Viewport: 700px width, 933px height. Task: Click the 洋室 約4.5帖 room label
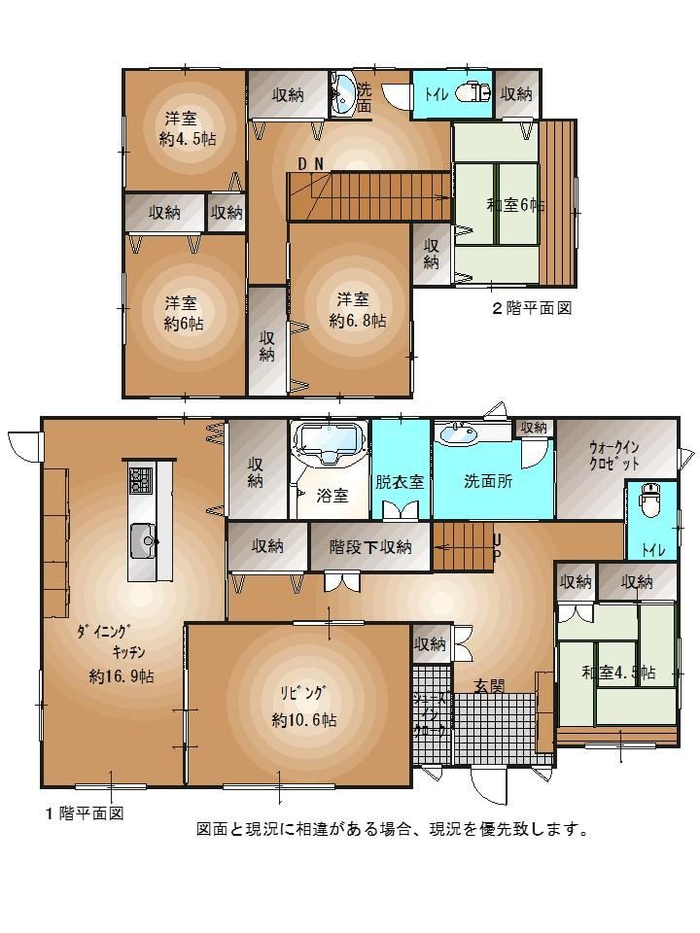(x=188, y=128)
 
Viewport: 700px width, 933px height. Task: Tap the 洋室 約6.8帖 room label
(x=358, y=310)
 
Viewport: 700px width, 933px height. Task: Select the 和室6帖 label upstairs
(x=515, y=205)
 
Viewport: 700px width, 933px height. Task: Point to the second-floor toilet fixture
(x=473, y=93)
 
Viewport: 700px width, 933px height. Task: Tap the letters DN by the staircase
(x=311, y=163)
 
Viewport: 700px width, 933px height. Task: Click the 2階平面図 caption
(x=532, y=308)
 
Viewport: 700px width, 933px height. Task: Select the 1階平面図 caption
(x=85, y=812)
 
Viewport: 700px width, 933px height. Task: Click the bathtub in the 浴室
(x=329, y=444)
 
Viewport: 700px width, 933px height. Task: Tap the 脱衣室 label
(x=400, y=481)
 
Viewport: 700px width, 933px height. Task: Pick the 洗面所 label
(x=488, y=481)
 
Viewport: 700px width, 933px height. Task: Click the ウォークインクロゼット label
(x=614, y=455)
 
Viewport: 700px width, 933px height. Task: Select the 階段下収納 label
(x=370, y=546)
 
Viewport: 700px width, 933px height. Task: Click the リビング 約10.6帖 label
(x=304, y=707)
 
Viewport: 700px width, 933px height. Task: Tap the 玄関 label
(x=489, y=686)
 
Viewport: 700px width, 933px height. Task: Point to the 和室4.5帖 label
(x=619, y=673)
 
